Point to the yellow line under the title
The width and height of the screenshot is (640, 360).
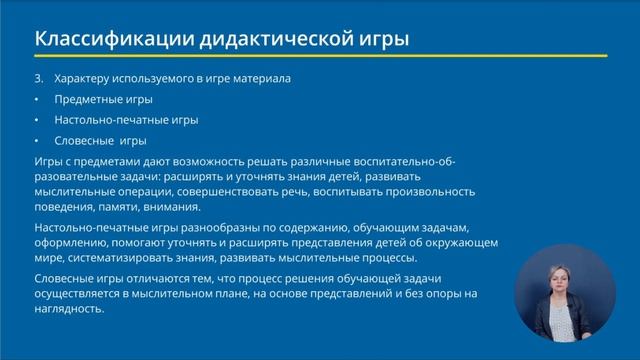coord(320,56)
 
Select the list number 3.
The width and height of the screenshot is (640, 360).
coord(38,78)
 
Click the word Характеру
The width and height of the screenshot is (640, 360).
coord(81,78)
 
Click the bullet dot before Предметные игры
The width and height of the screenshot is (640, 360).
coord(36,99)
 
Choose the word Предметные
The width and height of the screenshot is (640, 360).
coord(85,99)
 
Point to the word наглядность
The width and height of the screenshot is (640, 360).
coord(68,309)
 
